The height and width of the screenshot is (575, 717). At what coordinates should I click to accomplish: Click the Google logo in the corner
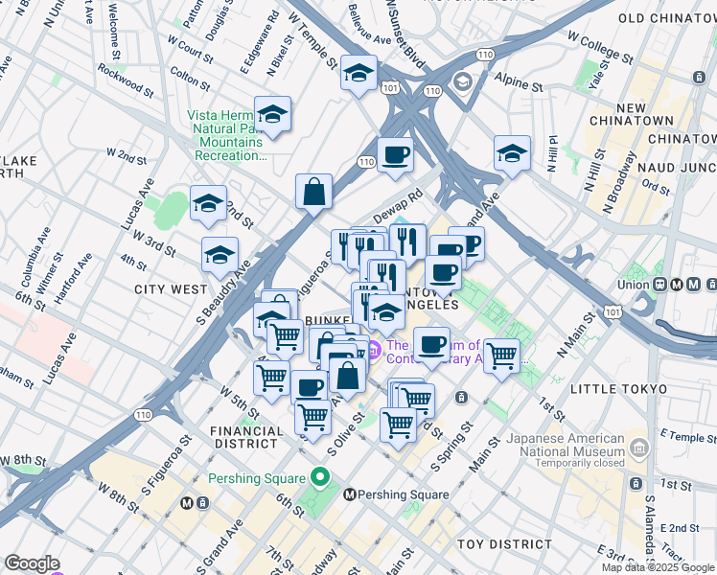(x=32, y=563)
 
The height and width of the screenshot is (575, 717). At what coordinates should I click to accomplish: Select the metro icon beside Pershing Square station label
(x=350, y=494)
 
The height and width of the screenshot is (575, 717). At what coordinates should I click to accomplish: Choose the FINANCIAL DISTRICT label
(x=247, y=438)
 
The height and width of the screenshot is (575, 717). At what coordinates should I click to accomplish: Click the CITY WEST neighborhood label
(x=170, y=288)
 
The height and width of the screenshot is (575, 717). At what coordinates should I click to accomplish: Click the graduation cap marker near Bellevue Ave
(x=358, y=73)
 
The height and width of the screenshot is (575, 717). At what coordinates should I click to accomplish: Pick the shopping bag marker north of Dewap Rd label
(x=313, y=193)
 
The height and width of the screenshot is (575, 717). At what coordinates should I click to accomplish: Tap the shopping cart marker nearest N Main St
(x=501, y=356)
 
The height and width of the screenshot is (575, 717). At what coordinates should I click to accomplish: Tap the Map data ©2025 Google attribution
(x=657, y=567)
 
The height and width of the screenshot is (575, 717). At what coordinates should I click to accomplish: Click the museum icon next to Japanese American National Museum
(x=638, y=448)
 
